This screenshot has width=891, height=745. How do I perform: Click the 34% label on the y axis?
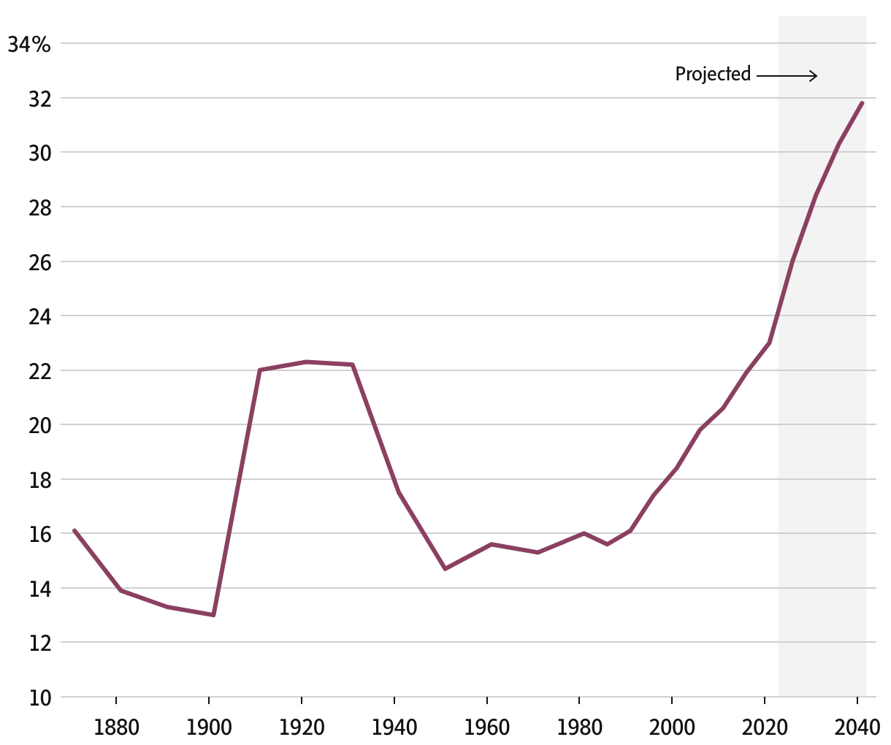tap(29, 45)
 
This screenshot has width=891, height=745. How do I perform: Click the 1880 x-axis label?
tap(116, 727)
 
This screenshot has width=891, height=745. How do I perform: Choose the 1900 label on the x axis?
tap(209, 727)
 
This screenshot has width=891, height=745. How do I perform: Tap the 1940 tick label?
tap(394, 727)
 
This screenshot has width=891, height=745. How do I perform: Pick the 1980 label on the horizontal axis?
tap(579, 727)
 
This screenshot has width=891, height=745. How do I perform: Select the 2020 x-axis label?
tap(764, 727)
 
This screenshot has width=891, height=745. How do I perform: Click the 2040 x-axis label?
tap(857, 727)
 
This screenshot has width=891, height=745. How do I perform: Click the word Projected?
tap(713, 74)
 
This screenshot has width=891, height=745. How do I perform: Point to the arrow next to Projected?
tap(787, 75)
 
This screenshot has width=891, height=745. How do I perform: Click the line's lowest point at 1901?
tap(213, 615)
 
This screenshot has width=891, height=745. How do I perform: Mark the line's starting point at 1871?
tap(74, 530)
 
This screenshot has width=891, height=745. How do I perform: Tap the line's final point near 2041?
tap(862, 103)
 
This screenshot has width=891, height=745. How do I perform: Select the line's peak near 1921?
tap(306, 362)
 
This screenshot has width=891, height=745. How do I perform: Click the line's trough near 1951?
tap(445, 568)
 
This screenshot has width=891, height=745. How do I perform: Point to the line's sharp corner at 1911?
tap(259, 370)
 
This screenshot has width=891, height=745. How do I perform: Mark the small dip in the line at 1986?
tap(607, 544)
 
